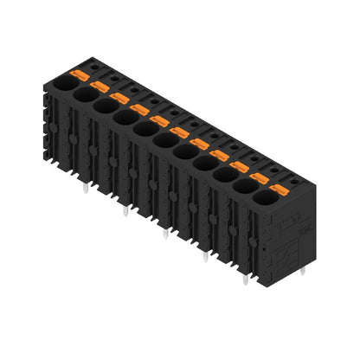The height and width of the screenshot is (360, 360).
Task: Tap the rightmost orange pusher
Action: [278, 188]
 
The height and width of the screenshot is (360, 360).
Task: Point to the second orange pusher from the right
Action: [259, 177]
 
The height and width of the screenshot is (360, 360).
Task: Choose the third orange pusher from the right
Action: [239, 165]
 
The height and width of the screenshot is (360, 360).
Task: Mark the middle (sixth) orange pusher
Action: [179, 132]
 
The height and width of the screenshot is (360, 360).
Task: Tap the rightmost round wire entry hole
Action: [264, 198]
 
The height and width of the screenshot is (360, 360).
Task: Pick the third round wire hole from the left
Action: [103, 106]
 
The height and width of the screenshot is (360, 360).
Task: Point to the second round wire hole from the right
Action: [244, 187]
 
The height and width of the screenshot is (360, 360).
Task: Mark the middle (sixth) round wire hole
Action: [164, 140]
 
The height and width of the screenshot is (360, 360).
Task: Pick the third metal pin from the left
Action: [164, 232]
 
